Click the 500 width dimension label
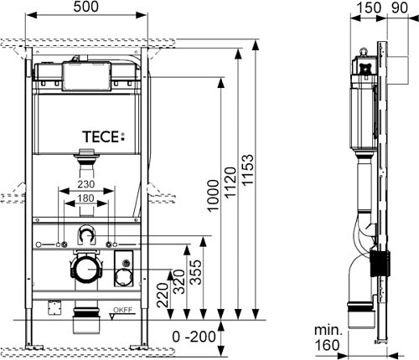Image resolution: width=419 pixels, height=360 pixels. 85,7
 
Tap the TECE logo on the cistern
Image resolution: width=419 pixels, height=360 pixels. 104,136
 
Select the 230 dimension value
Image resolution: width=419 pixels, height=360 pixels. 85,184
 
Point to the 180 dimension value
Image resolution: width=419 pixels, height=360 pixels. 85,198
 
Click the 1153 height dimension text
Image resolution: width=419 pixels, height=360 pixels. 248,169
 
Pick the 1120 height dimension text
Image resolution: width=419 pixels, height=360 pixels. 230,183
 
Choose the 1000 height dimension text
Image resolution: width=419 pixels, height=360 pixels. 214,196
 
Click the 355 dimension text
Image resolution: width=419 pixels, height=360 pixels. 195,272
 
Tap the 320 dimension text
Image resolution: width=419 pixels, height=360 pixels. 179,281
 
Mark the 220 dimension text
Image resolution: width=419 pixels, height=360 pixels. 163,296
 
